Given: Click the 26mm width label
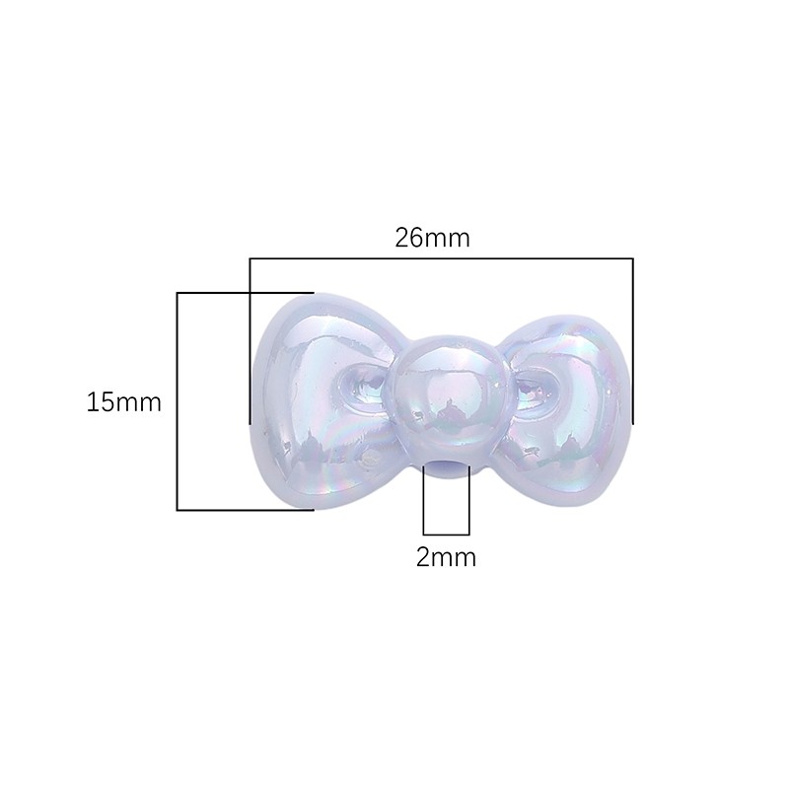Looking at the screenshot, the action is (432, 238).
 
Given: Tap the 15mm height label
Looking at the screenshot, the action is (124, 402).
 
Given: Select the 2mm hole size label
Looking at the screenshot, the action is (446, 557).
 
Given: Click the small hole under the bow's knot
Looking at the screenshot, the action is (447, 466).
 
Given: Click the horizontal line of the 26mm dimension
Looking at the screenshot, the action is (441, 258).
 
